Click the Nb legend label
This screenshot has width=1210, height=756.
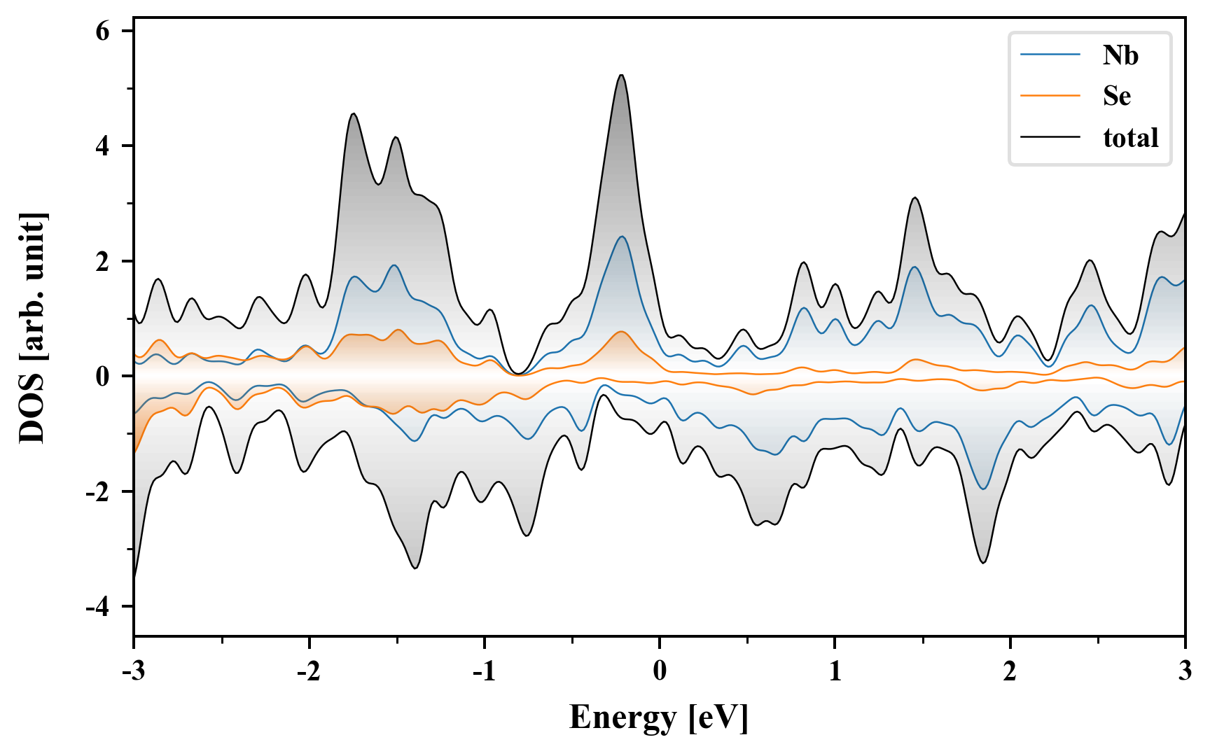(x=1120, y=55)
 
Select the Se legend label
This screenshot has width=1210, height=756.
(x=1117, y=96)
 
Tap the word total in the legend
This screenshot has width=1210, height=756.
(x=1131, y=137)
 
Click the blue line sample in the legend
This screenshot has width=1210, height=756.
(x=1050, y=55)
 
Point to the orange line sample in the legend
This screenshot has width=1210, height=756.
(x=1050, y=96)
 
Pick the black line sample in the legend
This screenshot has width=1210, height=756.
(x=1050, y=137)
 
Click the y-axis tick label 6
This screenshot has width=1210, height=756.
(x=103, y=31)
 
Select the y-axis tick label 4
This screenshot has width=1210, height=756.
(x=103, y=146)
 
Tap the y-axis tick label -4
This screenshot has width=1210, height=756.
(x=98, y=607)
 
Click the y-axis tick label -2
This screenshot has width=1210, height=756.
(x=98, y=492)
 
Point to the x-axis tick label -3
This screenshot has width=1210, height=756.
(x=133, y=671)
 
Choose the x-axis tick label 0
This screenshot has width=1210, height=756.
(x=660, y=671)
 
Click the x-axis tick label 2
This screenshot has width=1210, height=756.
(x=1010, y=671)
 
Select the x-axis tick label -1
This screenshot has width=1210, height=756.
(x=484, y=671)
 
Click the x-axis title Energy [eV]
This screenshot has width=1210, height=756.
(x=659, y=717)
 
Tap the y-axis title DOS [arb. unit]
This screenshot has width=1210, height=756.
(x=32, y=328)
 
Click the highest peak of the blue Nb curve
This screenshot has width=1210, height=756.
(x=621, y=237)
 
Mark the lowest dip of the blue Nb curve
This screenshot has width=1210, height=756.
(x=984, y=489)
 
